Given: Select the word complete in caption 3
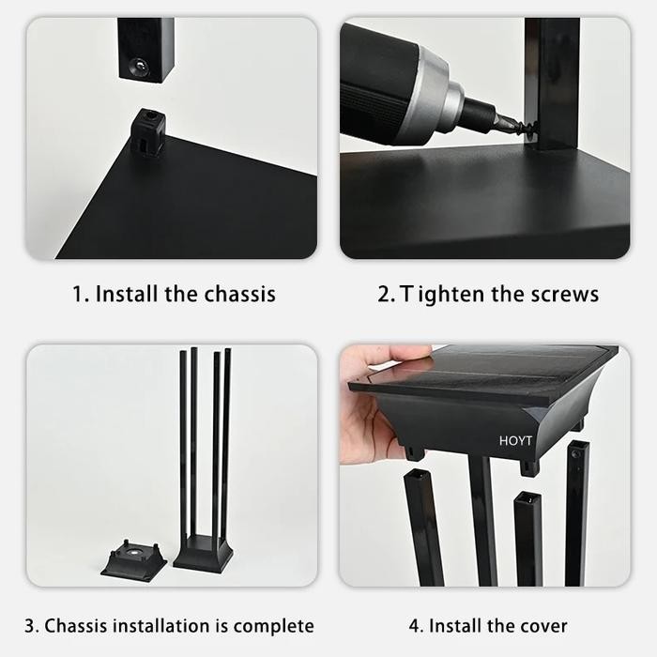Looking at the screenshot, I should [x=273, y=625].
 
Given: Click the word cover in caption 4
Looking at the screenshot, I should [x=542, y=625].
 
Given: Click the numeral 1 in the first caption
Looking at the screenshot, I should [x=78, y=294].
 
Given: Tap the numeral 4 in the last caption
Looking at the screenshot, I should [x=414, y=625].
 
